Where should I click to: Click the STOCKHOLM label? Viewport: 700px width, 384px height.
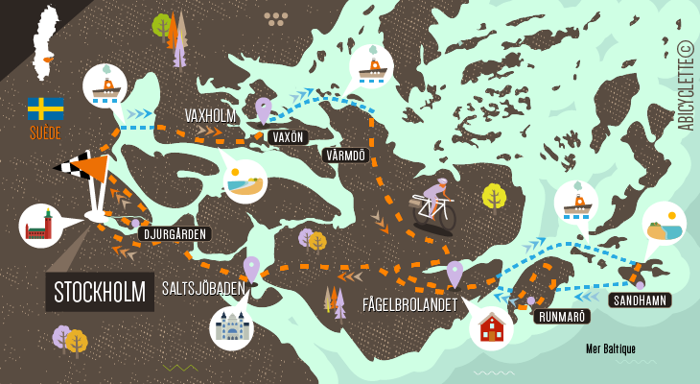[x=100, y=291]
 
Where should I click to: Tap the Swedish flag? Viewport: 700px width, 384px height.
[x=45, y=108]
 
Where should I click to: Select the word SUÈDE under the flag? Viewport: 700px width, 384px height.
[x=45, y=133]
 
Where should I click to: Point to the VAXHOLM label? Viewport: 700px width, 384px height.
[x=210, y=116]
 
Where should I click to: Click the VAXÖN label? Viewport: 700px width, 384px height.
[x=288, y=137]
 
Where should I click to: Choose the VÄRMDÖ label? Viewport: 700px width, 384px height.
[x=345, y=155]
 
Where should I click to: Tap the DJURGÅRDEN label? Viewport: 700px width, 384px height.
[x=175, y=233]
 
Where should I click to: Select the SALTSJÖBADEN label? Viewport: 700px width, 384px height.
[x=204, y=288]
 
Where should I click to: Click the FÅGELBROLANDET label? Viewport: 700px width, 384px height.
[x=409, y=304]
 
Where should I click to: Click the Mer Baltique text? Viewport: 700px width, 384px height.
[x=611, y=349]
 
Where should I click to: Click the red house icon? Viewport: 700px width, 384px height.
[x=491, y=327]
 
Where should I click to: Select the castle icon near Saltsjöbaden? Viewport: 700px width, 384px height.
[x=231, y=327]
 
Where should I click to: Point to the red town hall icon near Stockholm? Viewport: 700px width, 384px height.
[x=40, y=226]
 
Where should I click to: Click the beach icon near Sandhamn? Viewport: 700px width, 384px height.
[x=664, y=224]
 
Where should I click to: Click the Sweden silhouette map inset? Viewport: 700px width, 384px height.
[x=45, y=43]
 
